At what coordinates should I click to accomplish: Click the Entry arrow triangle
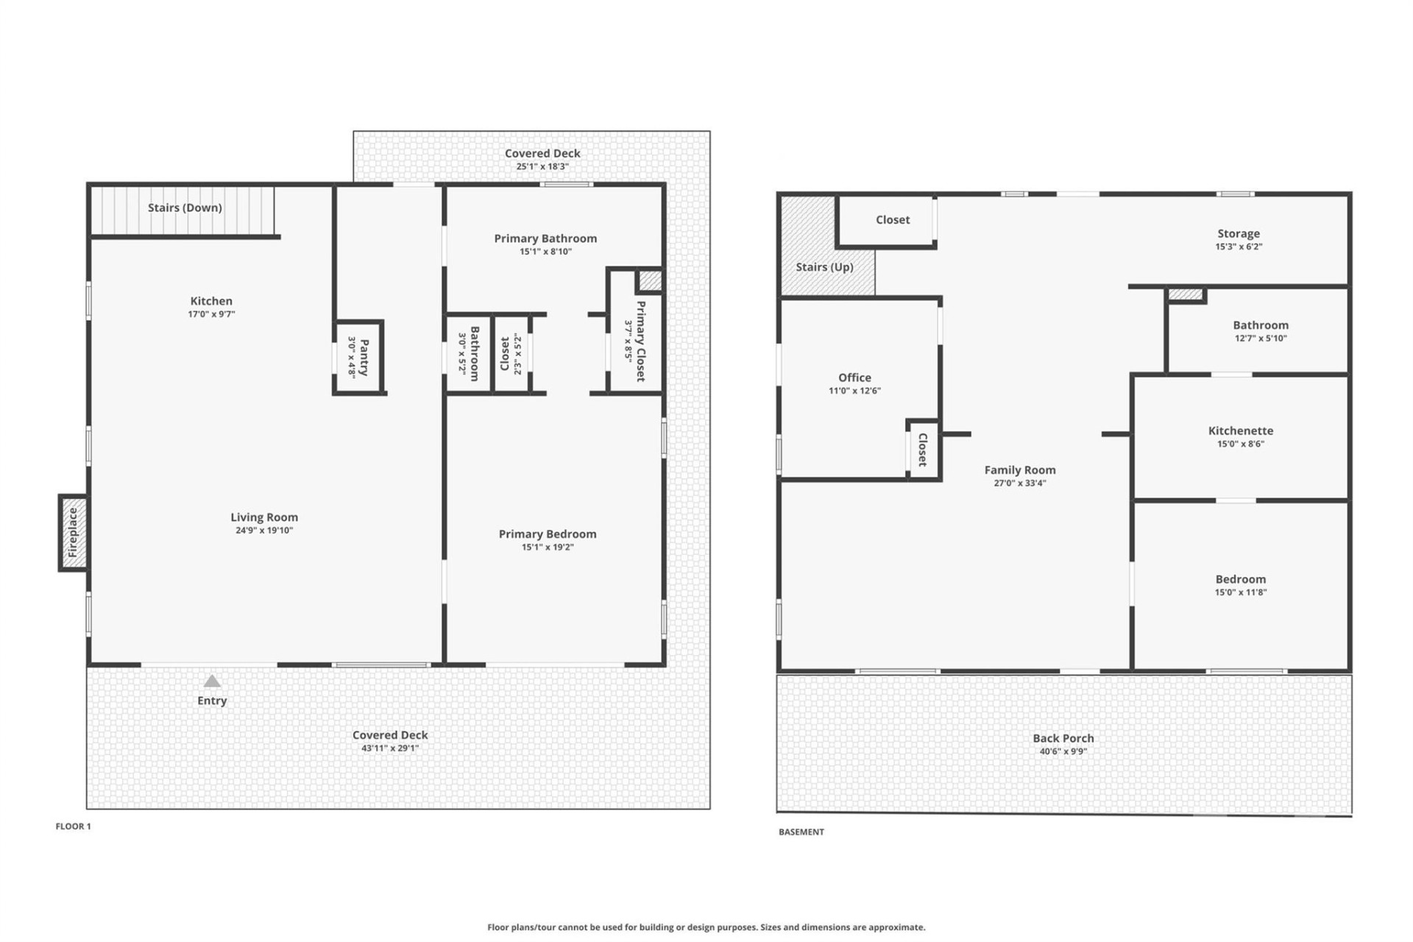pyautogui.click(x=212, y=681)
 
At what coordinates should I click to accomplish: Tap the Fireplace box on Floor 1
pyautogui.click(x=73, y=533)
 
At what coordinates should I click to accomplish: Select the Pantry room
pyautogui.click(x=358, y=357)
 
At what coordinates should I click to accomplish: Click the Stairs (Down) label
pyautogui.click(x=185, y=208)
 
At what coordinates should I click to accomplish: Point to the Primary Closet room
pyautogui.click(x=635, y=341)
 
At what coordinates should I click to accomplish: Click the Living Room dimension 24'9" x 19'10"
pyautogui.click(x=264, y=531)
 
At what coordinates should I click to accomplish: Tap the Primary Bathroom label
pyautogui.click(x=545, y=238)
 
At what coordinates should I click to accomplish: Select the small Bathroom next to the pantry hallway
pyautogui.click(x=469, y=354)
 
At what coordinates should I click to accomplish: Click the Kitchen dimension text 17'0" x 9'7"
pyautogui.click(x=211, y=314)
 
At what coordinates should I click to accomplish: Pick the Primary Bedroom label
pyautogui.click(x=548, y=534)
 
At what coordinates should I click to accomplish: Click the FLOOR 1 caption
pyautogui.click(x=74, y=826)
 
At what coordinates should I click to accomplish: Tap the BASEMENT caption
pyautogui.click(x=801, y=832)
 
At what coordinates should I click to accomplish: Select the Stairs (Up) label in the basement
pyautogui.click(x=824, y=267)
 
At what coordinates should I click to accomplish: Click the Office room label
pyautogui.click(x=854, y=378)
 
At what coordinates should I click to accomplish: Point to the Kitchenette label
pyautogui.click(x=1241, y=431)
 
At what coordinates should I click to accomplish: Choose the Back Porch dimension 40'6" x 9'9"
pyautogui.click(x=1063, y=751)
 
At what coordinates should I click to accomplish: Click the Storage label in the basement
pyautogui.click(x=1239, y=234)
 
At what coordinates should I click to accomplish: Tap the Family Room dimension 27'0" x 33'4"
pyautogui.click(x=1020, y=484)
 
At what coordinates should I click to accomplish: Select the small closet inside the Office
pyautogui.click(x=923, y=450)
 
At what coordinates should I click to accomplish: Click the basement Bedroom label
pyautogui.click(x=1241, y=580)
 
